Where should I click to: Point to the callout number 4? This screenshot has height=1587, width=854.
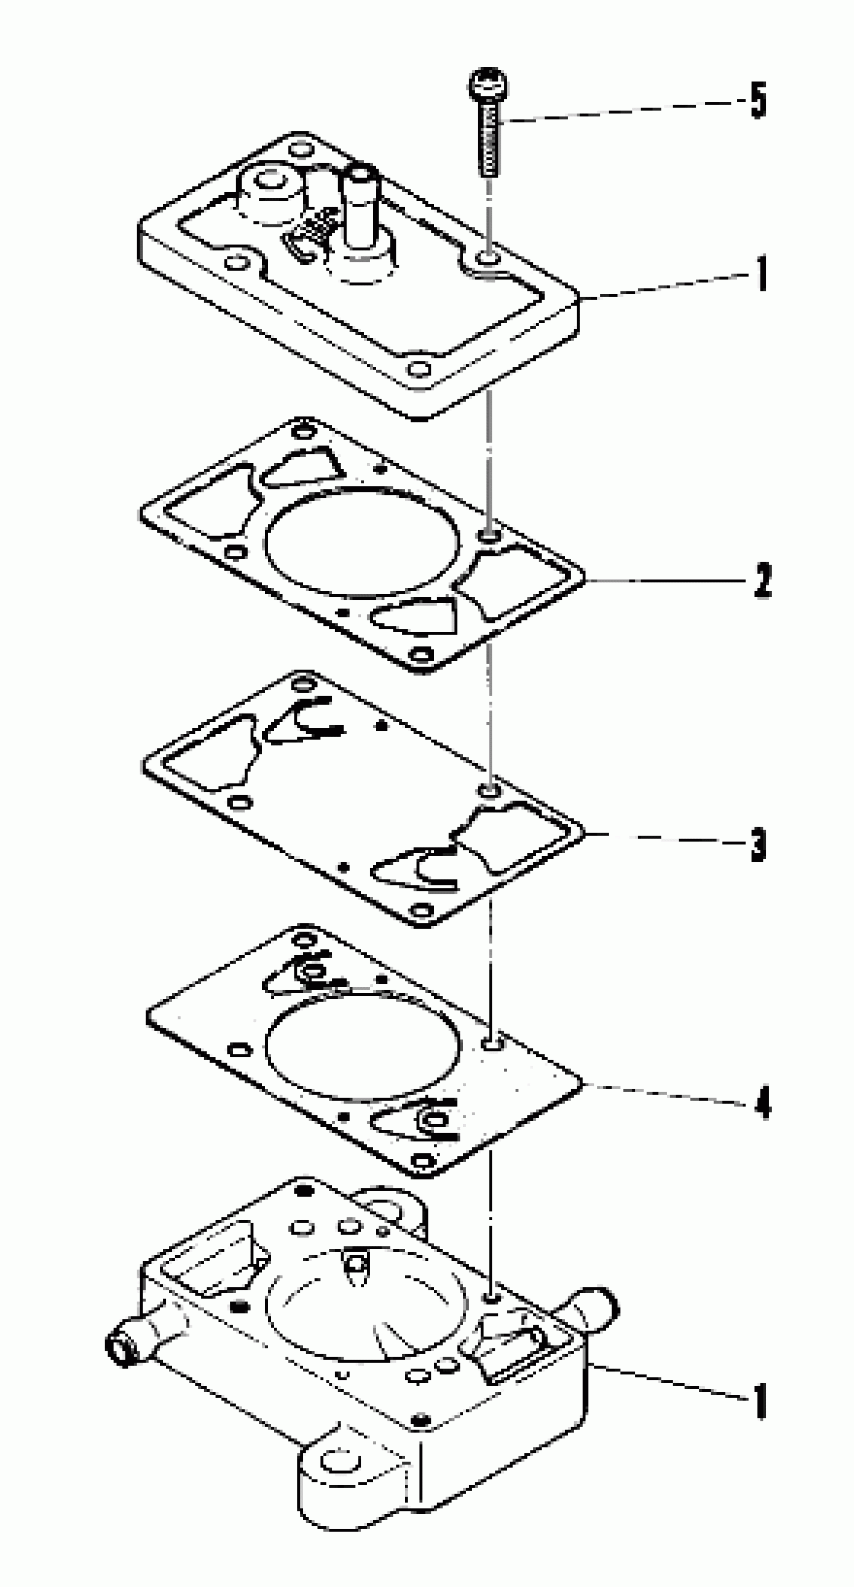(762, 1103)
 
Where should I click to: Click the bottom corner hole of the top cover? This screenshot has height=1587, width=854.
(420, 369)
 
